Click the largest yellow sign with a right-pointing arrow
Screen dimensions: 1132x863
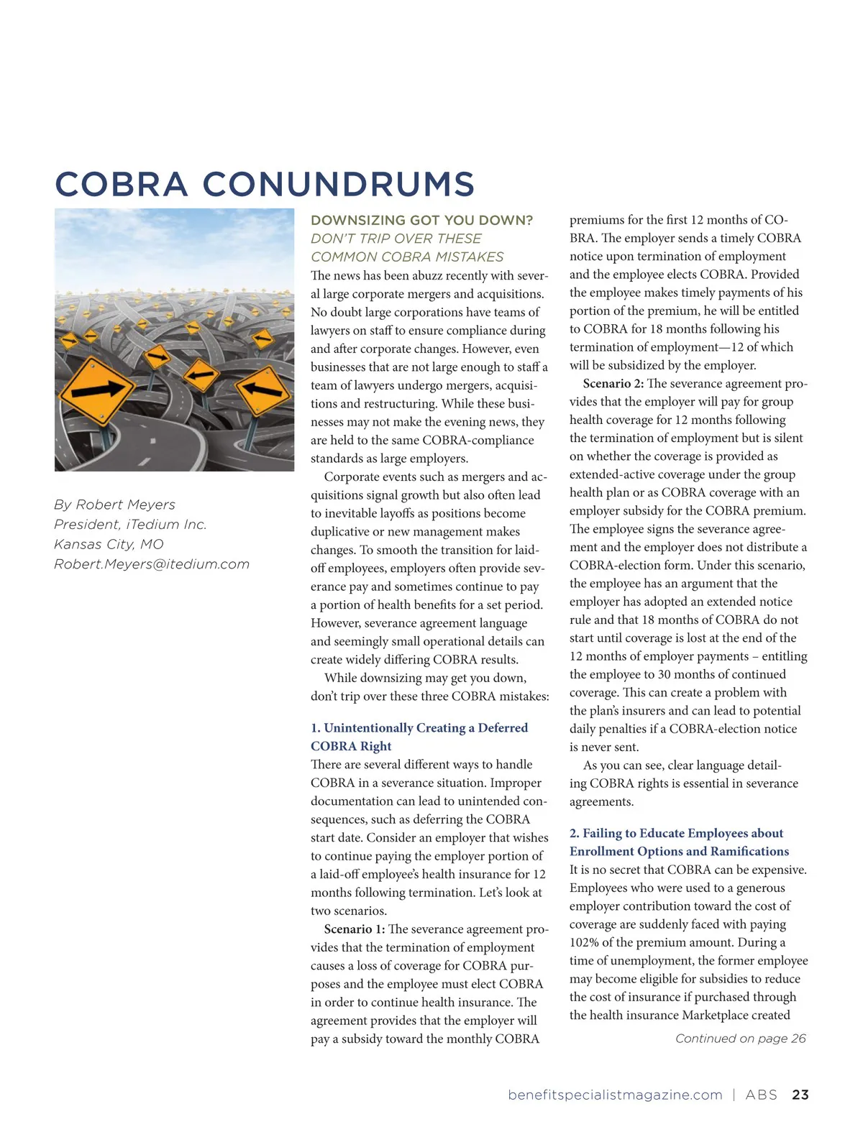tap(97, 390)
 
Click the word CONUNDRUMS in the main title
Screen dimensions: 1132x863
tap(338, 184)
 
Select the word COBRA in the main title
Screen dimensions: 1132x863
tap(121, 184)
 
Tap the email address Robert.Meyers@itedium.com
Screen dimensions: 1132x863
tap(152, 564)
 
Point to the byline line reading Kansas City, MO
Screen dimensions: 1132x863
tap(109, 544)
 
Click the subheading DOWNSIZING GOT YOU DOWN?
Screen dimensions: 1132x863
tap(421, 220)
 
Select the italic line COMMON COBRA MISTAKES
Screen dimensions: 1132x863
tap(407, 257)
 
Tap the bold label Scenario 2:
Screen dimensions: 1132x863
tap(613, 384)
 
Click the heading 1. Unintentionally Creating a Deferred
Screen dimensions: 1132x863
tap(419, 728)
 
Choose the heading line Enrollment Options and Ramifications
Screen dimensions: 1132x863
tap(679, 852)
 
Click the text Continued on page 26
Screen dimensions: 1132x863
tap(740, 1039)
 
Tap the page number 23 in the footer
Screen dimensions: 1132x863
tap(800, 1095)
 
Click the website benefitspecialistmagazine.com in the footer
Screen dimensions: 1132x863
tap(615, 1095)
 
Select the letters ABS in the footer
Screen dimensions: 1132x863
tap(761, 1095)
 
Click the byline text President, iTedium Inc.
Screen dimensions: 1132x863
tap(130, 525)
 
